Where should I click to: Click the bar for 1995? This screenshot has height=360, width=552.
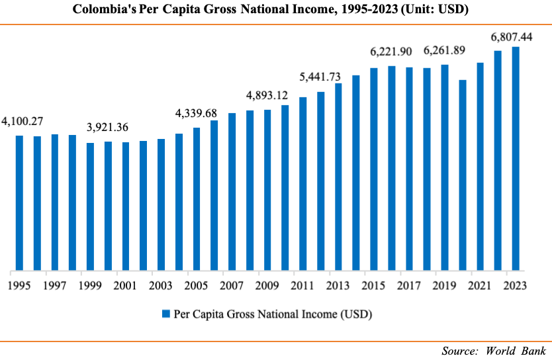tap(19, 203)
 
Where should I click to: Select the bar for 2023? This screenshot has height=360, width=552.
tap(516, 159)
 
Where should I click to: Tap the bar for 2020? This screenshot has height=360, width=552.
tap(463, 175)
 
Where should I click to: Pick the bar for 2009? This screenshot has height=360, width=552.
tap(267, 191)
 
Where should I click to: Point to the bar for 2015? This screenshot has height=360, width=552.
tap(374, 169)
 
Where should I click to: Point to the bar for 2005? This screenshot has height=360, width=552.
tap(197, 199)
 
